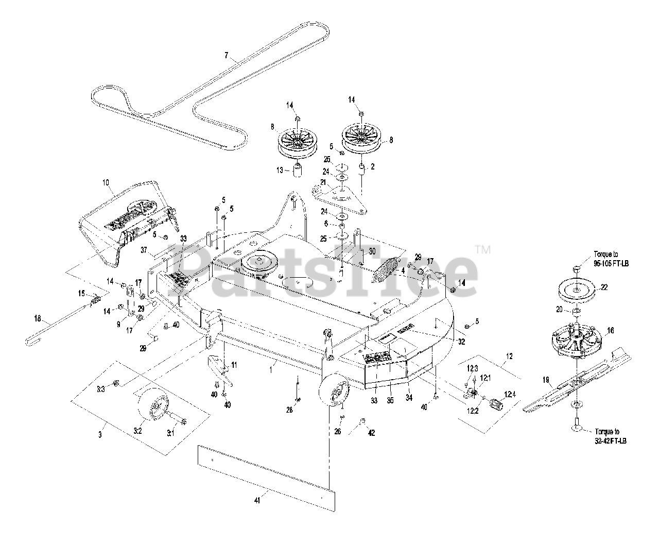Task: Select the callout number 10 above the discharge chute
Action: pos(106,183)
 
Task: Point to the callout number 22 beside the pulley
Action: pos(604,287)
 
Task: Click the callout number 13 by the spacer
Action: pos(280,170)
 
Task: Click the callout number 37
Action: pos(145,250)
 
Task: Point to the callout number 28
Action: pos(289,410)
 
